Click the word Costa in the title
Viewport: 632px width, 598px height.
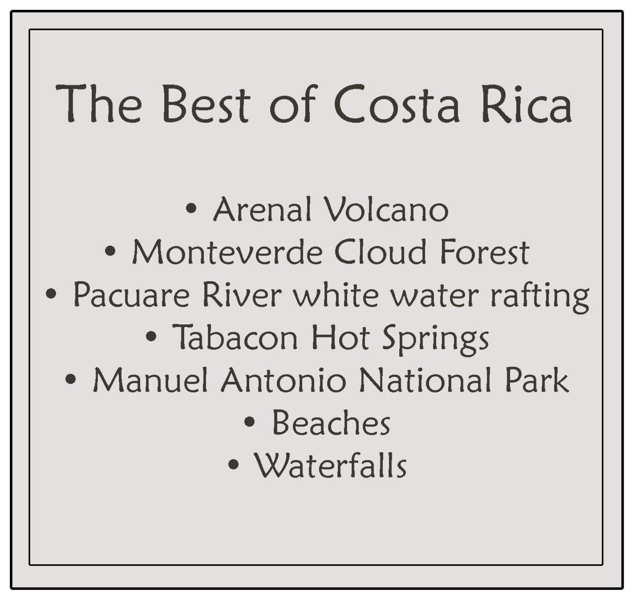coord(397,103)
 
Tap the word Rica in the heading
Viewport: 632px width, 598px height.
coord(527,103)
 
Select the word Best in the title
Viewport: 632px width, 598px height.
coord(206,103)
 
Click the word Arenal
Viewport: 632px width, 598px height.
coord(263,209)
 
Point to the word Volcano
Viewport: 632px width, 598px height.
coord(386,209)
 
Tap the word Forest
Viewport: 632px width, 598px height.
coord(484,252)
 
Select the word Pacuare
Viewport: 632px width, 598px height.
coord(132,295)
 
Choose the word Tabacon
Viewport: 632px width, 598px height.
coord(235,338)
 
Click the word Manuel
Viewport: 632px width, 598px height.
coord(150,380)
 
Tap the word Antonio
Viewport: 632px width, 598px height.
coord(284,380)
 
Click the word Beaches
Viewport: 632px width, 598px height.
coord(331,423)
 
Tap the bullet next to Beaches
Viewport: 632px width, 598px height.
coord(250,421)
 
